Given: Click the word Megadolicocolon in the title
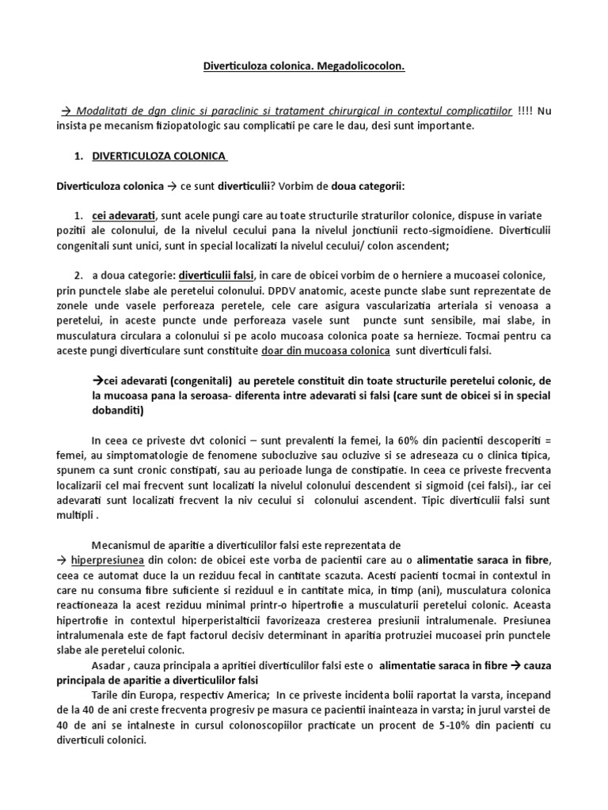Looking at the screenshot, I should (361, 68).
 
